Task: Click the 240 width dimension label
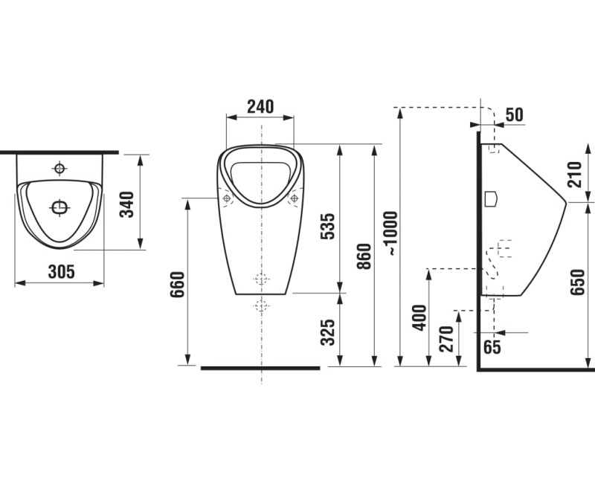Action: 260,106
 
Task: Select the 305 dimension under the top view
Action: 62,271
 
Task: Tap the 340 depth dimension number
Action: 127,204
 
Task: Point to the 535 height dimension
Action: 328,227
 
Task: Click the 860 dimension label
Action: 364,256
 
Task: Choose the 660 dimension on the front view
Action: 177,285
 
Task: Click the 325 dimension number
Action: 328,332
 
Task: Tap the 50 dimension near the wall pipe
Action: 514,114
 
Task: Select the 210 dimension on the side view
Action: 574,175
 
